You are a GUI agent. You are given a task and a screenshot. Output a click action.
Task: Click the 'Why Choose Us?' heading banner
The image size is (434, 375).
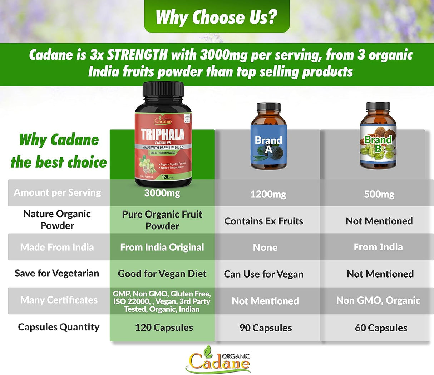click(x=217, y=17)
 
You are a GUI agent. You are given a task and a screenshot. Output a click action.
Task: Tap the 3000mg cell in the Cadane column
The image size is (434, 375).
click(x=162, y=193)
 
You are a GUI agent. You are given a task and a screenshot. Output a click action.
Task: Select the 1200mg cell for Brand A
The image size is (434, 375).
click(x=268, y=194)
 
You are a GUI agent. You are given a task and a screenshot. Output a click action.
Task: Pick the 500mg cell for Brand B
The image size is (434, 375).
click(x=379, y=194)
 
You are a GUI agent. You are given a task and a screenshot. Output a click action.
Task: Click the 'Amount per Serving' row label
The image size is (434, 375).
click(x=58, y=192)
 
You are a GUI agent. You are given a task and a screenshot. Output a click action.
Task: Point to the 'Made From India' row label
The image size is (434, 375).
click(x=57, y=247)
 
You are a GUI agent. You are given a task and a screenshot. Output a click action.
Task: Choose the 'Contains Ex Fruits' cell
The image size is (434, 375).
click(x=264, y=221)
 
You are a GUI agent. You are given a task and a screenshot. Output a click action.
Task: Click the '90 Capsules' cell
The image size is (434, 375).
click(x=266, y=328)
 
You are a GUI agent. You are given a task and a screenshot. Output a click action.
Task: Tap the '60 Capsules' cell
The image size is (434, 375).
click(x=381, y=328)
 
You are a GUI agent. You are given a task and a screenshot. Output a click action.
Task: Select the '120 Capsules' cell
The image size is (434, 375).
click(x=164, y=327)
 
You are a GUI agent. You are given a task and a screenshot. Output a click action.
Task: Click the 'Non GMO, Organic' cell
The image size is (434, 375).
click(x=378, y=300)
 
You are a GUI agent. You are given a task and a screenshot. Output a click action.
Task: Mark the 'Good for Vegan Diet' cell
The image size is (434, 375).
click(x=162, y=274)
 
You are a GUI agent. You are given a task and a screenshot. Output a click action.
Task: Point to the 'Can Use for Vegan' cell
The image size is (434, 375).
click(x=264, y=274)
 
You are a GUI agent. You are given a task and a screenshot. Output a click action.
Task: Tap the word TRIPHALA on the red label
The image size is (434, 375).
click(x=163, y=134)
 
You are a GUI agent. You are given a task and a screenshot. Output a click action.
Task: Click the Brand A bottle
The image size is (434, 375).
click(x=268, y=137)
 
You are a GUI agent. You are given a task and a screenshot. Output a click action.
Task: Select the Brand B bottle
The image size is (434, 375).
click(x=378, y=137)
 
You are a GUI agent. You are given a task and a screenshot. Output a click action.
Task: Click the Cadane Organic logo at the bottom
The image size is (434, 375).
click(x=218, y=359)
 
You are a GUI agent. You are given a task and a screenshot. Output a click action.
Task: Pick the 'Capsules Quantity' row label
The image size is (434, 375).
click(x=59, y=327)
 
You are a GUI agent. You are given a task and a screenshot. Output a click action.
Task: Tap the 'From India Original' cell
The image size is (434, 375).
click(x=162, y=247)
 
